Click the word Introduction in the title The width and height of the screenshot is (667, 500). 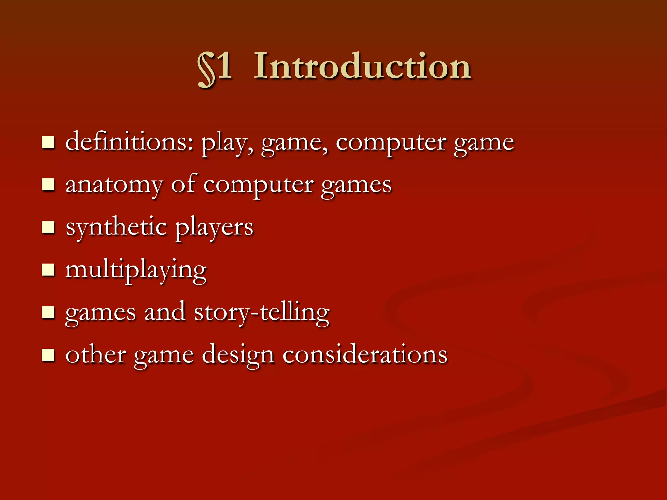[362, 66]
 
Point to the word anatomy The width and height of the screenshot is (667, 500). [114, 185]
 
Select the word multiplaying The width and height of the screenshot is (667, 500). [136, 270]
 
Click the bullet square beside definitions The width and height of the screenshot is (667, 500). [48, 143]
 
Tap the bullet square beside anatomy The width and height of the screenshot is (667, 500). [48, 185]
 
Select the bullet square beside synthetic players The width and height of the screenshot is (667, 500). [48, 228]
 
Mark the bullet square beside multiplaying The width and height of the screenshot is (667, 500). [48, 270]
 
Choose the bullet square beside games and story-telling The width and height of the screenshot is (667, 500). [48, 312]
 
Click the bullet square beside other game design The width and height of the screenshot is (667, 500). [48, 355]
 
